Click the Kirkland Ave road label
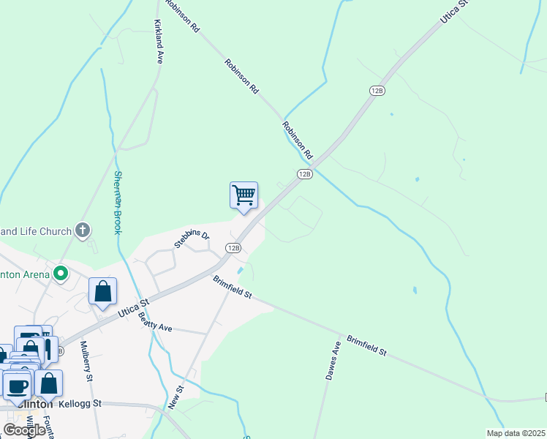tap(159, 42)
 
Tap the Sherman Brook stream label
tap(117, 203)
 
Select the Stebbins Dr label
tap(192, 236)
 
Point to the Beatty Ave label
tap(154, 323)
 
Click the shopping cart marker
tap(244, 195)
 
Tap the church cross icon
tap(83, 231)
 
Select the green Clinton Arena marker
tap(61, 274)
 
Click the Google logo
tap(23, 429)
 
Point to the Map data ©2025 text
tap(516, 433)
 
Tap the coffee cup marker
tap(18, 386)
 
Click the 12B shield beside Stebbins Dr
tap(233, 248)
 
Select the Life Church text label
tap(37, 231)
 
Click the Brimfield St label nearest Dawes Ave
tap(366, 345)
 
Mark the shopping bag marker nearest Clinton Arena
tap(103, 290)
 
